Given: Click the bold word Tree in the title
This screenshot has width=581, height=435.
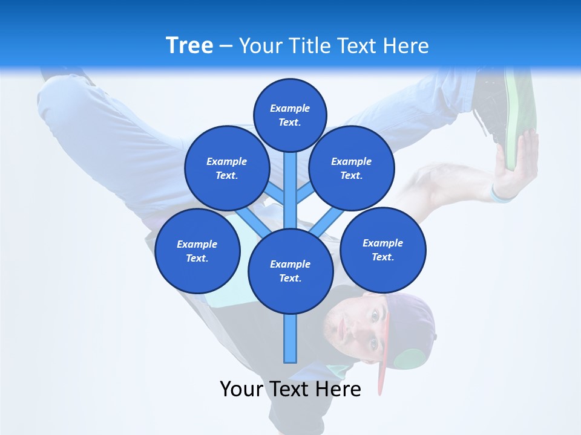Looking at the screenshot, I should coord(189,46).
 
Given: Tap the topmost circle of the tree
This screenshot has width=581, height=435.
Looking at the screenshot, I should coord(290,115).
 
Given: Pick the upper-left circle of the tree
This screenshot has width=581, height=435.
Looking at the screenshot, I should coord(226,168).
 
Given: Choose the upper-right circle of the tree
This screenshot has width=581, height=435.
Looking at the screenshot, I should coord(351,168).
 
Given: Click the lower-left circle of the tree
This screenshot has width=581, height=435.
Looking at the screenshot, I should coord(197,251).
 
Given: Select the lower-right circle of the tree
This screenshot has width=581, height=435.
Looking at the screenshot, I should coord(382,250).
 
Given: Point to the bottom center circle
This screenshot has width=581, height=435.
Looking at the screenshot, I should coord(290,271).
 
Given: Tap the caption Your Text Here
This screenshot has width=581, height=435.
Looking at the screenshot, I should coord(290,389).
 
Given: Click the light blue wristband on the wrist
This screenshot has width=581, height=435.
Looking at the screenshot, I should coord(501,195).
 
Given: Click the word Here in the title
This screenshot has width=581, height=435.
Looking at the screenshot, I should coord(406,46).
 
